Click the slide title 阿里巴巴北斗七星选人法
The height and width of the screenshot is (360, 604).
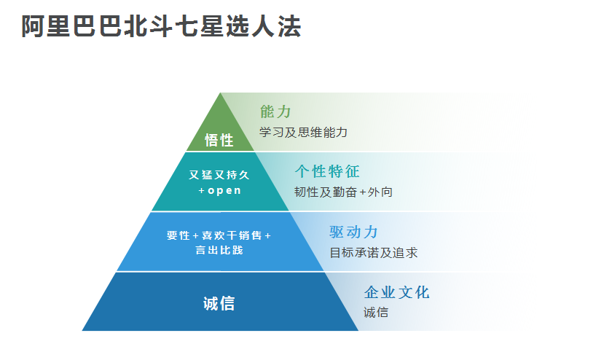[161, 26]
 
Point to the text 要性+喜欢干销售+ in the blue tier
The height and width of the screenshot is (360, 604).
[219, 235]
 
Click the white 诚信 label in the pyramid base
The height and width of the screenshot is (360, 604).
[219, 303]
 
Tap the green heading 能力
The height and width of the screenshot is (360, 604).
[275, 111]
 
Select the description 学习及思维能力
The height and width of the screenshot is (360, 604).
[303, 132]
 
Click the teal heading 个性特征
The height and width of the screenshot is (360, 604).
[327, 172]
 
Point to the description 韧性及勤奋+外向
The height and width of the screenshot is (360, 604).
[343, 192]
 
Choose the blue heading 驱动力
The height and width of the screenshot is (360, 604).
[353, 232]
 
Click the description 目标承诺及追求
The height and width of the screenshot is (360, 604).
[373, 253]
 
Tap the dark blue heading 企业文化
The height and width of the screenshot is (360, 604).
[396, 293]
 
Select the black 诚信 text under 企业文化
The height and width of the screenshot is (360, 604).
[376, 313]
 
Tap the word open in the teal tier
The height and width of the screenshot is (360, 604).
[224, 191]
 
